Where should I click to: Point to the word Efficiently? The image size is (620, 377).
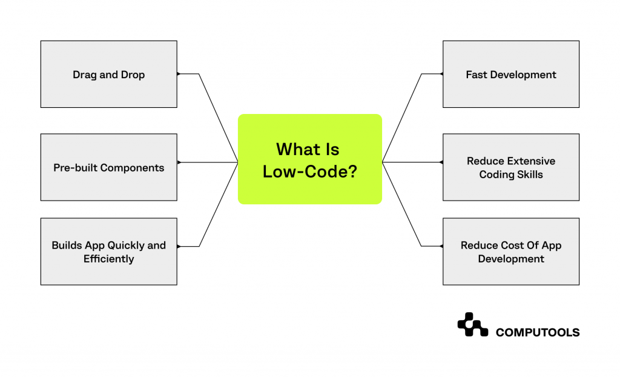[x=109, y=259]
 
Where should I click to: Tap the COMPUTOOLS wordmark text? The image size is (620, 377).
[x=538, y=332]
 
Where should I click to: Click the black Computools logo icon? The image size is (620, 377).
[x=472, y=325]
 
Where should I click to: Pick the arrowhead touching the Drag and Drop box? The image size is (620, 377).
[x=179, y=74]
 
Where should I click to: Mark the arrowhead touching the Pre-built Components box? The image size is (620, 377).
[x=179, y=162]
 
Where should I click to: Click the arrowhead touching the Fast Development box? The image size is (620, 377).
[x=441, y=74]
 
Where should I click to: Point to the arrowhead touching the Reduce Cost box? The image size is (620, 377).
[x=441, y=246]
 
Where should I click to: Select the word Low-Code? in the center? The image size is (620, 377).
[x=309, y=172]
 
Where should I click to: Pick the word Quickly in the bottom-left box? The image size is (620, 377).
[x=127, y=245]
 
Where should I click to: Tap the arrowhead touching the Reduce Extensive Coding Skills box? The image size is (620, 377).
[x=441, y=162]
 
